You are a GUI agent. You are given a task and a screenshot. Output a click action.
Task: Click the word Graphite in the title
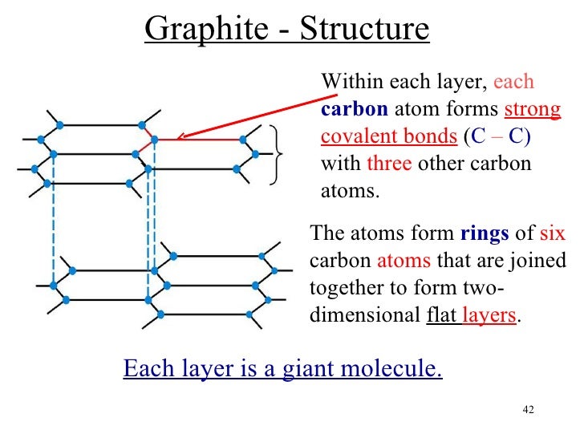pyautogui.click(x=200, y=30)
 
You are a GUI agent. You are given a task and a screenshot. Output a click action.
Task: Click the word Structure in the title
pyautogui.click(x=364, y=30)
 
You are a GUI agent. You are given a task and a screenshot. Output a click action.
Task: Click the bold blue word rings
pyautogui.click(x=484, y=234)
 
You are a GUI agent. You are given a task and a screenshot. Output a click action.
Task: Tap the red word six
pyautogui.click(x=553, y=234)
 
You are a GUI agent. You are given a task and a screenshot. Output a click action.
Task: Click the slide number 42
pyautogui.click(x=528, y=411)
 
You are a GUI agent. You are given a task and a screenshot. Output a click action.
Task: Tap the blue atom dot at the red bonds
pyautogui.click(x=154, y=139)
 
